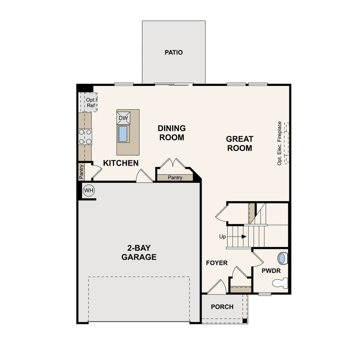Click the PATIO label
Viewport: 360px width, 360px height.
[174, 52]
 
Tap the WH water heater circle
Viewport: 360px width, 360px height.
[89, 191]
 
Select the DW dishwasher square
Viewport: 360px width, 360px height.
[123, 118]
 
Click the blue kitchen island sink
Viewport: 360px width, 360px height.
[123, 134]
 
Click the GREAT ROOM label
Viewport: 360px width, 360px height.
[239, 144]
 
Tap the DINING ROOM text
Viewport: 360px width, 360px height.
[171, 133]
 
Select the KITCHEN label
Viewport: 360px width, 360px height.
[121, 163]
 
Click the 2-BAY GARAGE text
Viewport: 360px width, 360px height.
[139, 253]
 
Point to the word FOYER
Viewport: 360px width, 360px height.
[217, 263]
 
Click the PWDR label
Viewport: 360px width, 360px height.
[271, 270]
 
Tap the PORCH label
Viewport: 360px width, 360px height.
[222, 307]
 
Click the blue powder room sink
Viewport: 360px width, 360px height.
[282, 258]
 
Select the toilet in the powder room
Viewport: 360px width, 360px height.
[280, 283]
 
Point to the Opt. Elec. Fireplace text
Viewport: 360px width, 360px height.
[279, 144]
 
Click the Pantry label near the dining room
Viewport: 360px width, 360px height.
[175, 178]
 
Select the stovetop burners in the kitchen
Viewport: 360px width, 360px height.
[85, 136]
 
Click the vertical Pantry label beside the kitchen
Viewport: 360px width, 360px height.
[81, 171]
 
